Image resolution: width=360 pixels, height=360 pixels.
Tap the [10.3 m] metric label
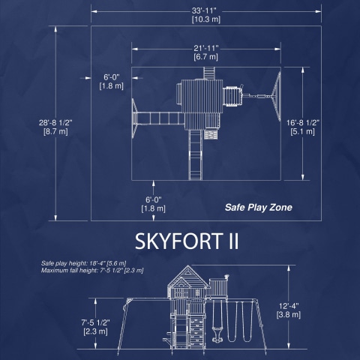(x=206, y=19)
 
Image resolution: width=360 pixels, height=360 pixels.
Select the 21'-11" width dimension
(x=206, y=48)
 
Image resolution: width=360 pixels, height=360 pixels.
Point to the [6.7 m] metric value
(x=206, y=57)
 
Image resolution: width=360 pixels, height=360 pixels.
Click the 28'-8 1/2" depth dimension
(x=55, y=123)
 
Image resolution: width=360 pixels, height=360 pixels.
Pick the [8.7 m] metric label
(x=55, y=131)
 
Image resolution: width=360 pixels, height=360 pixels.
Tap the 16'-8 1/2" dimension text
(x=303, y=123)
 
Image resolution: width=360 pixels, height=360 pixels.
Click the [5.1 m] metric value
(x=303, y=131)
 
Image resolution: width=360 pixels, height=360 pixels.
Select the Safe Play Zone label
(x=259, y=208)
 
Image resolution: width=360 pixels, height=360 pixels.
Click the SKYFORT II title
(x=187, y=241)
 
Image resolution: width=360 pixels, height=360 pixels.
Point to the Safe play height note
(x=84, y=263)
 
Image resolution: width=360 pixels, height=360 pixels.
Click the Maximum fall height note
(x=92, y=270)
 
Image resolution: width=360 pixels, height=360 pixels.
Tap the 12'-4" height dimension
(x=289, y=306)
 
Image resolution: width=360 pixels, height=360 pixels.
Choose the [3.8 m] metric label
(x=289, y=314)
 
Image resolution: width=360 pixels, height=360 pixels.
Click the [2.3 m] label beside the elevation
(x=95, y=331)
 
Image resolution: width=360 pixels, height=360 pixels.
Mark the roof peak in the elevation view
(x=187, y=265)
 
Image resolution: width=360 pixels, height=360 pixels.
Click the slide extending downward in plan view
(x=196, y=154)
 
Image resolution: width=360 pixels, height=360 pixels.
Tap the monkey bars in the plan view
(x=160, y=118)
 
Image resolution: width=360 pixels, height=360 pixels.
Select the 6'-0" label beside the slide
(x=154, y=199)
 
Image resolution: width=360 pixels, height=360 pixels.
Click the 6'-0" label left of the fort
(x=112, y=77)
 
